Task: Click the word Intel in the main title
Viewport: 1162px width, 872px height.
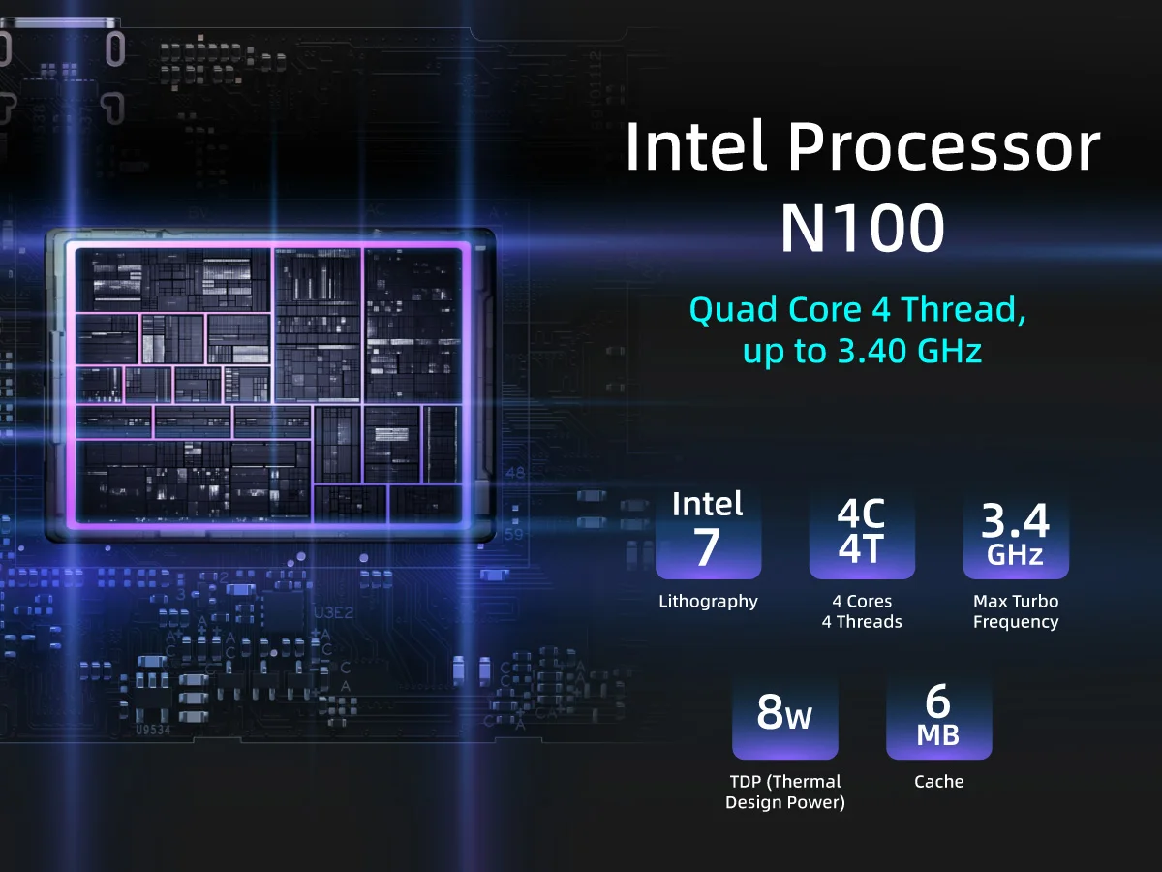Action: pyautogui.click(x=696, y=148)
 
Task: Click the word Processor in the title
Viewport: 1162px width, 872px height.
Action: pyautogui.click(x=943, y=148)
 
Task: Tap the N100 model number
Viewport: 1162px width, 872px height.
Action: pyautogui.click(x=862, y=230)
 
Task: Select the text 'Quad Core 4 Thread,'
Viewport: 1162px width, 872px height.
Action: pyautogui.click(x=857, y=310)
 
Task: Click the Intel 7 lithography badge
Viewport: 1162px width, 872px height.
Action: pyautogui.click(x=708, y=532)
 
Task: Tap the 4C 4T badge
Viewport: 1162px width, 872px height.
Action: pyautogui.click(x=862, y=532)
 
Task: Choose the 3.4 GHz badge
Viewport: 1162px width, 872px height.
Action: pyautogui.click(x=1016, y=532)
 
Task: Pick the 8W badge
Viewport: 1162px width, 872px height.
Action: pyautogui.click(x=785, y=714)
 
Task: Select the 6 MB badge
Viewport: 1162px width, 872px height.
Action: pyautogui.click(x=938, y=714)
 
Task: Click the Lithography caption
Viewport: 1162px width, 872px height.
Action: pyautogui.click(x=708, y=602)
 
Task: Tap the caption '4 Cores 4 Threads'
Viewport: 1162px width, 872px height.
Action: pyautogui.click(x=862, y=611)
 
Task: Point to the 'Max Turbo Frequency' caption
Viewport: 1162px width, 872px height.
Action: pyautogui.click(x=1016, y=611)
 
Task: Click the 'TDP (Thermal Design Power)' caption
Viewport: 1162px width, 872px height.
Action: pyautogui.click(x=785, y=792)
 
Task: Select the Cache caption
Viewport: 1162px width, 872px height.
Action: pyautogui.click(x=938, y=781)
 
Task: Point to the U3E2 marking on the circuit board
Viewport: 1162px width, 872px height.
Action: pyautogui.click(x=333, y=613)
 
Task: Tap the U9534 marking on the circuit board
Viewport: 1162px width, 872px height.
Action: pyautogui.click(x=153, y=730)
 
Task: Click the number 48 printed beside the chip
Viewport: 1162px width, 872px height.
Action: pyautogui.click(x=514, y=473)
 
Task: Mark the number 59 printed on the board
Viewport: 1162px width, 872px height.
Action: pyautogui.click(x=514, y=533)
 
